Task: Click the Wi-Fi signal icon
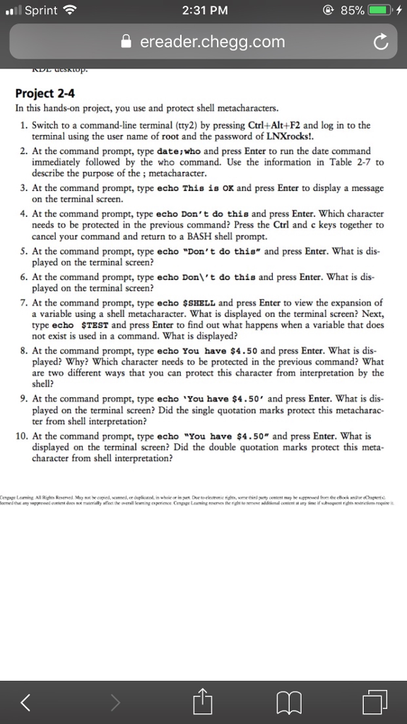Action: tap(69, 11)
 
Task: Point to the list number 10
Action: tap(23, 436)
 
